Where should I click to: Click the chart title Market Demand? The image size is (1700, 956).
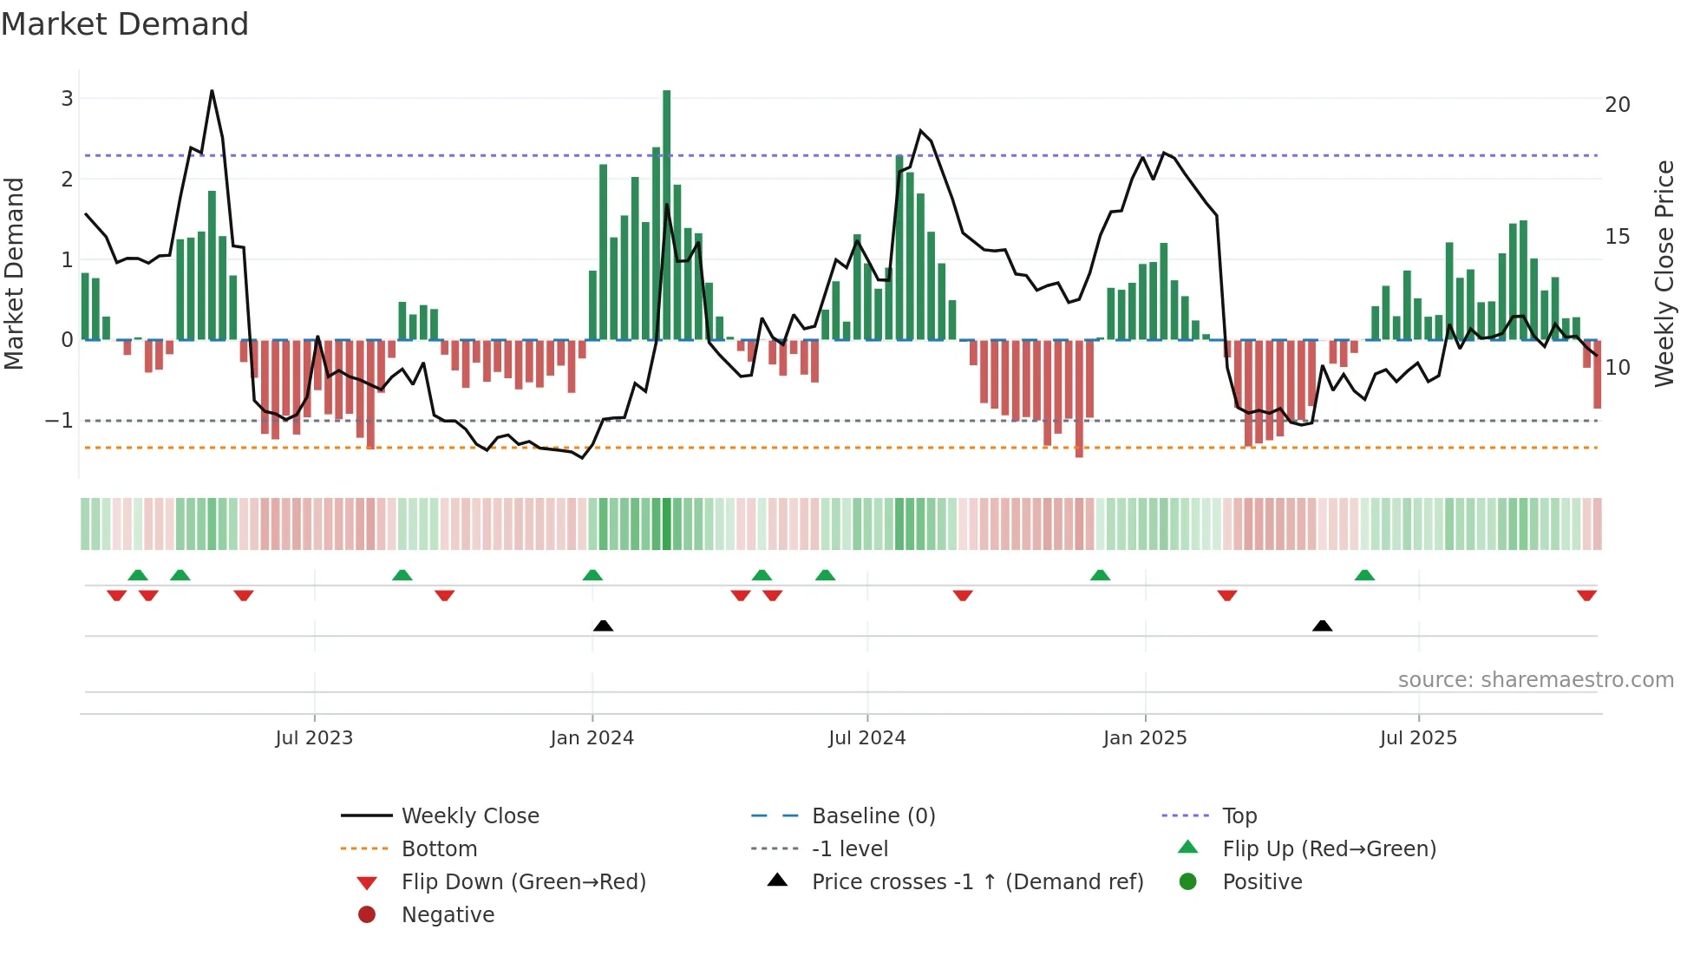point(125,24)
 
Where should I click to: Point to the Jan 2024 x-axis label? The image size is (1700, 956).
point(592,738)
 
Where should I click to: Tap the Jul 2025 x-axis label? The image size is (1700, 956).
point(1418,738)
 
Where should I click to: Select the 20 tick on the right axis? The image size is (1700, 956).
point(1617,105)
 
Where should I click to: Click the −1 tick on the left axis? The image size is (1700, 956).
point(59,421)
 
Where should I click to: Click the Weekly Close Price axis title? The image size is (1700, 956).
point(1664,273)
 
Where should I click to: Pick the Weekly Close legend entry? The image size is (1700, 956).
point(469,816)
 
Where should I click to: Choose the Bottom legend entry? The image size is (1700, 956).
point(439,849)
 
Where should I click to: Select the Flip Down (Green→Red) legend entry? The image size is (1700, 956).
point(523,882)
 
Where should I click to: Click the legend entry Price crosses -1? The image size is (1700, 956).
point(977,882)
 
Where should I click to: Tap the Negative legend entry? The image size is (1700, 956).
point(448,915)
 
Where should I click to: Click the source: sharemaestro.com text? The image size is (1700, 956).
point(1535,680)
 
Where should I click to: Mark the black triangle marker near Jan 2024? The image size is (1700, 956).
point(603,625)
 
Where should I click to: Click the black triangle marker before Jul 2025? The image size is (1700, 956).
point(1322,625)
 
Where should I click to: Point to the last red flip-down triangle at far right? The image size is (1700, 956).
point(1586,595)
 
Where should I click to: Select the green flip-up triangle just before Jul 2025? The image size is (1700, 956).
point(1364,575)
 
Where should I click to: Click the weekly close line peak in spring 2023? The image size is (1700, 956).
point(212,91)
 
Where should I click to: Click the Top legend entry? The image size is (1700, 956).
point(1239,816)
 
